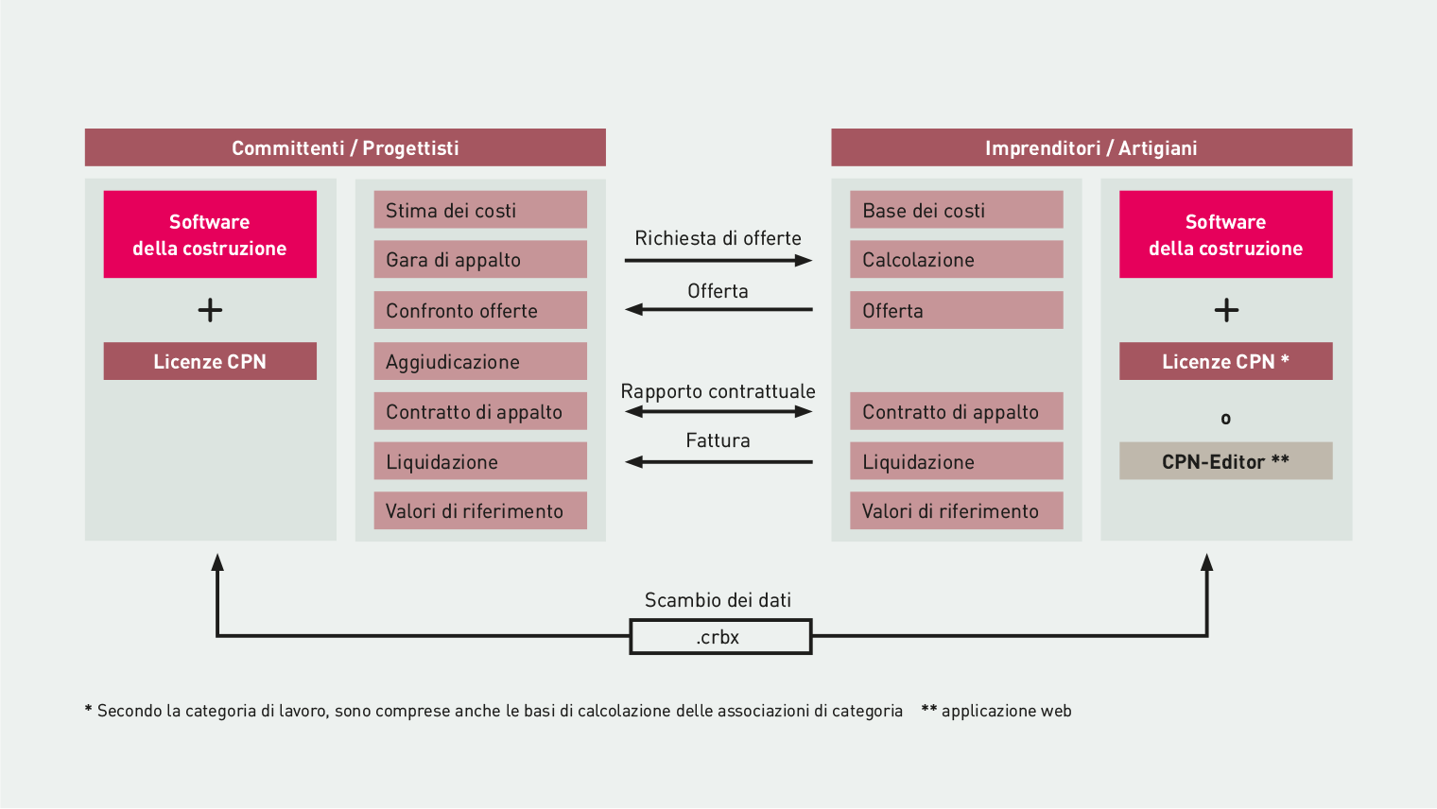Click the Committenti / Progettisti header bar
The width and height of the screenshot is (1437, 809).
[x=345, y=147]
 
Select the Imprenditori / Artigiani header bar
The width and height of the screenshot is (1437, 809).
[x=1091, y=147]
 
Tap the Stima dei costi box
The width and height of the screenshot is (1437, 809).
[x=480, y=210]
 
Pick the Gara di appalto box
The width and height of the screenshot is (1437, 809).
[x=480, y=259]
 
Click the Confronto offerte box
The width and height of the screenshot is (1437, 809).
[x=480, y=310]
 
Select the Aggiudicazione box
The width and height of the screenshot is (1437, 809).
[x=480, y=361]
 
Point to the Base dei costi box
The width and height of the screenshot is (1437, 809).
[x=957, y=210]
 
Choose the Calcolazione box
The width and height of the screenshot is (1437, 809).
[x=957, y=259]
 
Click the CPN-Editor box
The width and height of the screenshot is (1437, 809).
[x=1226, y=460]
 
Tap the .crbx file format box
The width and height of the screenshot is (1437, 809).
[x=720, y=636]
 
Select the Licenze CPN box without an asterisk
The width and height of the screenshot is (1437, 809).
[x=210, y=361]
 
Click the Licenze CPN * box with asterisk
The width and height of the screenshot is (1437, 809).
[x=1226, y=361]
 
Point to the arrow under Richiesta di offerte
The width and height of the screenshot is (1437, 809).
[x=718, y=261]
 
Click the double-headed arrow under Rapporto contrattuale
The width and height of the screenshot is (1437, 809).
[x=718, y=412]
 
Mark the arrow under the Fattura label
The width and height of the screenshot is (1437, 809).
[x=718, y=461]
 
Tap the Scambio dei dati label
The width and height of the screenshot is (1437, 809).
[x=718, y=600]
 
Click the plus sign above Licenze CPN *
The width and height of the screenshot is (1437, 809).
[x=1226, y=311]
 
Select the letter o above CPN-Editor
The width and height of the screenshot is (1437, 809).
[x=1225, y=419]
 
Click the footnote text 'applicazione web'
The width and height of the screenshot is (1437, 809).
[x=1007, y=711]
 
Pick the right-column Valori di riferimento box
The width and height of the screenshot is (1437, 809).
[x=957, y=510]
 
